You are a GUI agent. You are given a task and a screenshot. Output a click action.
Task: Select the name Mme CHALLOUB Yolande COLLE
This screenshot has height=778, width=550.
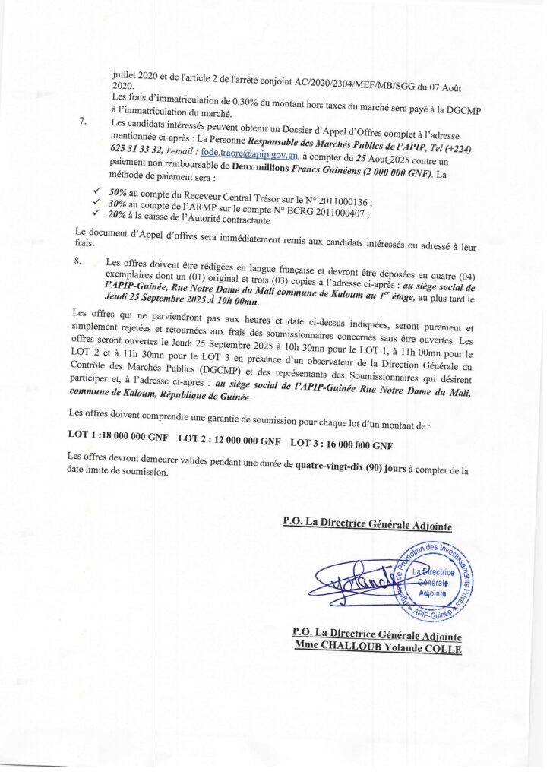378,648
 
